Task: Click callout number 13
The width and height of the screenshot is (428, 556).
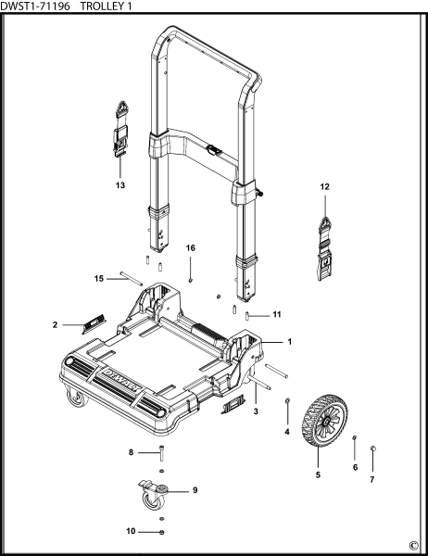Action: point(120,185)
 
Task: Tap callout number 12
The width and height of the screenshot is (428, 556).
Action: point(325,187)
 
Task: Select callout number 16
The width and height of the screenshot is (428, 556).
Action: point(191,248)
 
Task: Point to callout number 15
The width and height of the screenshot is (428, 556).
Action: point(99,278)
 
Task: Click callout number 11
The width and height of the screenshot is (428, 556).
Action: point(276,316)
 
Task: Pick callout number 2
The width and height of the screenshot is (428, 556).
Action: point(56,325)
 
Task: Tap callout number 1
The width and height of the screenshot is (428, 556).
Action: point(289,342)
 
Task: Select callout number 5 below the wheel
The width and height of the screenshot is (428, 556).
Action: point(318,475)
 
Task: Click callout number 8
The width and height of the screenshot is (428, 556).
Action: point(132,452)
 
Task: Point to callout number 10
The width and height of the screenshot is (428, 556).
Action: point(132,531)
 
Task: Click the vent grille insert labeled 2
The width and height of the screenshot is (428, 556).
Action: point(94,323)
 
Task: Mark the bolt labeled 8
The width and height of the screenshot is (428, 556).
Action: point(162,454)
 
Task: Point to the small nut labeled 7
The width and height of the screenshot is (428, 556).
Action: point(372,449)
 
